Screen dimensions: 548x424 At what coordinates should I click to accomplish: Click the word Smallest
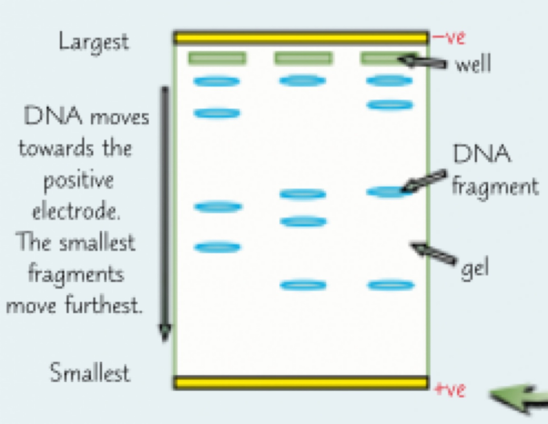coord(90,373)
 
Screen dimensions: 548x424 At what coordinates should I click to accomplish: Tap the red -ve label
coord(449,38)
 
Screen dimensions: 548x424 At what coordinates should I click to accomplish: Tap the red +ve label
coord(451,389)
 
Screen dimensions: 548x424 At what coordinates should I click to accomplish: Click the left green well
coord(217,58)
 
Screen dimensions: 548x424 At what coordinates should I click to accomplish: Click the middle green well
coord(304,58)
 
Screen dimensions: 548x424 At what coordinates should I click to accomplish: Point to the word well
coord(473,65)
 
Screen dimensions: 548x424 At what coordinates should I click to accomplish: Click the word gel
coord(475,269)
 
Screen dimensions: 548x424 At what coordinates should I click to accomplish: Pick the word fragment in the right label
coord(495,187)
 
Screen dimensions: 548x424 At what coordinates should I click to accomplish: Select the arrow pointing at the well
coord(423,62)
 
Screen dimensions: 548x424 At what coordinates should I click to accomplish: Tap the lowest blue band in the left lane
coord(217,247)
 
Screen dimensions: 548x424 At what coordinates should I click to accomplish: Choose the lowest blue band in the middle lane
coord(303,285)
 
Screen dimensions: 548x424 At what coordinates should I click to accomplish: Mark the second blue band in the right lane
coord(389,105)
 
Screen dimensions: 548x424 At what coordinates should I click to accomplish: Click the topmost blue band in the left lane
coord(216,81)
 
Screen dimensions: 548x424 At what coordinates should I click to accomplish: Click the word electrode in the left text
coord(76,212)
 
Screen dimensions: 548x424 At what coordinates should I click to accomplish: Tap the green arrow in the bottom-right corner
coord(520,397)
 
